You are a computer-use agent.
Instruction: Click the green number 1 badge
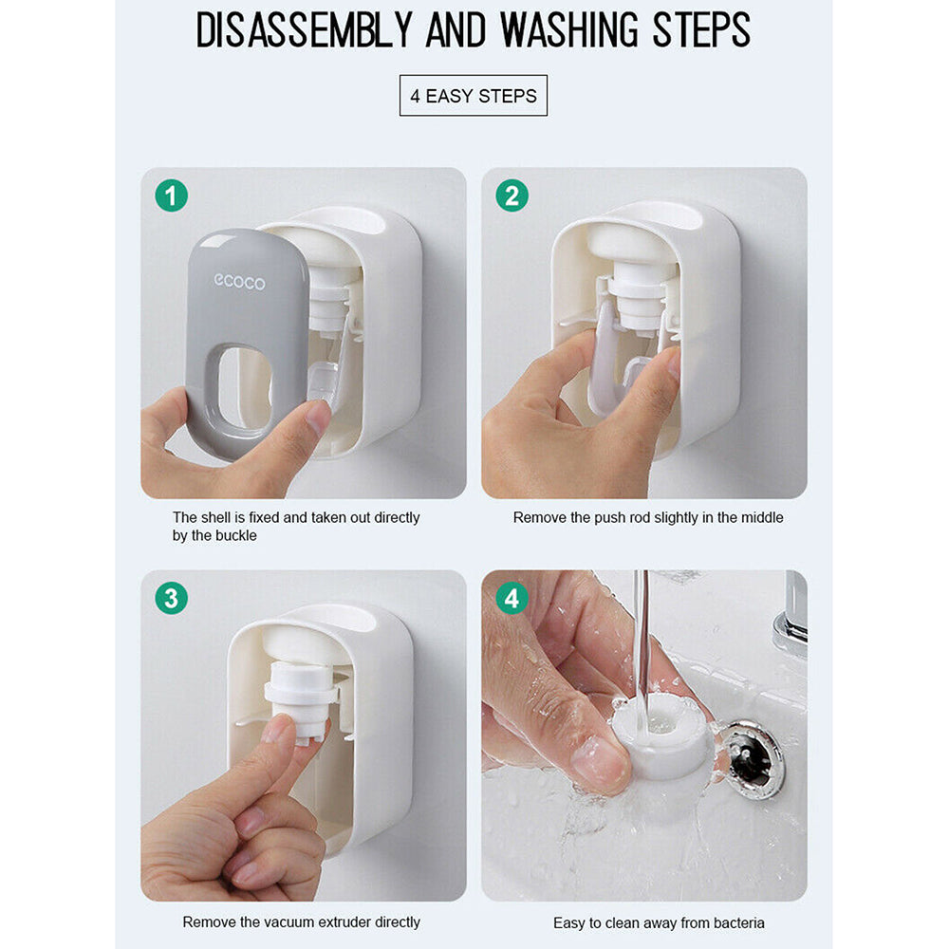(x=171, y=195)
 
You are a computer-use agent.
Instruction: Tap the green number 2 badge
(x=512, y=195)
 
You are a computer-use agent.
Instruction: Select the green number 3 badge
(x=171, y=598)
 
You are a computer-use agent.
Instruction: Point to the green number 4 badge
(x=512, y=598)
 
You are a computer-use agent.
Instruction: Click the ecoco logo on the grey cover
(x=240, y=282)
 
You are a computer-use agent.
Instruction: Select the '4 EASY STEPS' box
(x=474, y=96)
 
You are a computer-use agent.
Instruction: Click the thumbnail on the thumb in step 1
(x=319, y=417)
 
